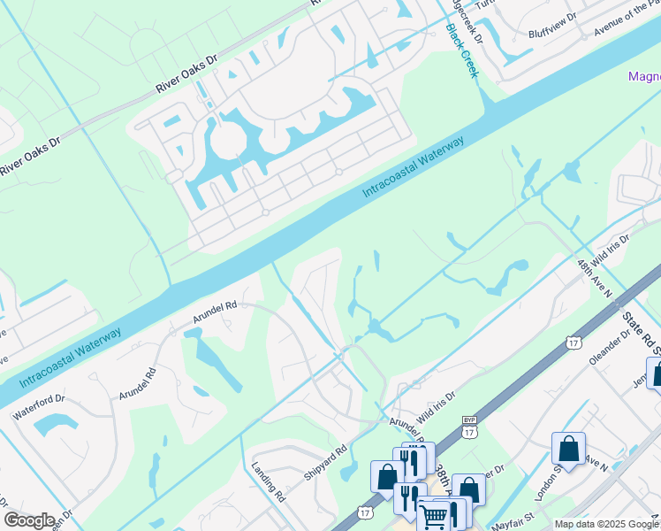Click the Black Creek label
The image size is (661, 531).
pyautogui.click(x=462, y=50)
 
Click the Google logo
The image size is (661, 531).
pyautogui.click(x=29, y=520)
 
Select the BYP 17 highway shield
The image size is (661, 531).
pyautogui.click(x=469, y=427)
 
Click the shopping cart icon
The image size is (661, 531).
pyautogui.click(x=432, y=515)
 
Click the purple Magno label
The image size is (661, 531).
pyautogui.click(x=644, y=76)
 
